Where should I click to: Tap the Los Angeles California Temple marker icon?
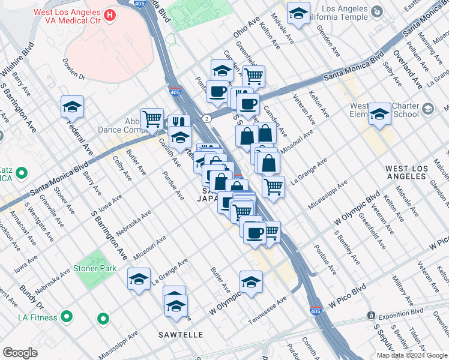tap(376, 11)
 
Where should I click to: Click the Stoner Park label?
tap(95, 269)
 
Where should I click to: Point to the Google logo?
tap(20, 352)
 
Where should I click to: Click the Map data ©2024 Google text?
tap(412, 355)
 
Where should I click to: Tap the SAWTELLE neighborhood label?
tap(181, 334)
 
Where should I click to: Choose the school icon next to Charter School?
tap(379, 114)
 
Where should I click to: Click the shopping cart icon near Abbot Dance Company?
tap(152, 118)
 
